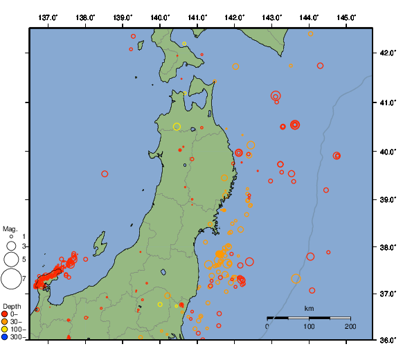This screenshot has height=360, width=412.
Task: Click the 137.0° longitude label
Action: (48, 17)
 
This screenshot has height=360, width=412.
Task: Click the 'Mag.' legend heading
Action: (10, 228)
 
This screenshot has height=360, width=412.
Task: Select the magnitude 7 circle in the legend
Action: (11, 279)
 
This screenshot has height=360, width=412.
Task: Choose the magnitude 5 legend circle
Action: (11, 259)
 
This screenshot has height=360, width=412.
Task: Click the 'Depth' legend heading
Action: (11, 305)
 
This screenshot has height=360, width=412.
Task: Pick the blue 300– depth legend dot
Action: (5, 337)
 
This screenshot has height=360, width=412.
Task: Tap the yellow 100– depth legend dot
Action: (5, 329)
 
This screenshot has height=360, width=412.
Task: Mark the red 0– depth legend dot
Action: (5, 314)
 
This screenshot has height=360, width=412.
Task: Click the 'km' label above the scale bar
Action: (309, 308)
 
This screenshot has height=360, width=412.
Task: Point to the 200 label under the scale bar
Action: (350, 326)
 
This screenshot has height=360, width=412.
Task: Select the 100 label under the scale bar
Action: (309, 326)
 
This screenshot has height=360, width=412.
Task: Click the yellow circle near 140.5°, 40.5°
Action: (177, 127)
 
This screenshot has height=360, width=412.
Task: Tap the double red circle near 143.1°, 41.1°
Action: (276, 96)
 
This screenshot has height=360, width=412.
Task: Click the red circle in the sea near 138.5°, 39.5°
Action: (105, 174)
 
